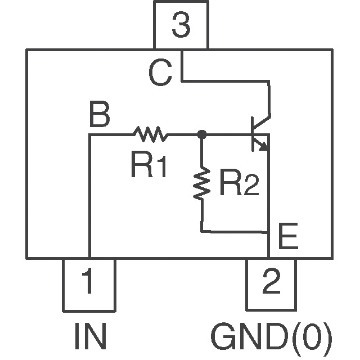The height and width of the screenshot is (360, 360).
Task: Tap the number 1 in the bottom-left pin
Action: click(x=88, y=283)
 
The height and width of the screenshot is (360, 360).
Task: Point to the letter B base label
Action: click(x=100, y=117)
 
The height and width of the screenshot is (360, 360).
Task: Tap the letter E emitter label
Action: click(x=288, y=238)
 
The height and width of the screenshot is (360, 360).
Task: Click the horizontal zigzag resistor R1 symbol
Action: click(x=150, y=134)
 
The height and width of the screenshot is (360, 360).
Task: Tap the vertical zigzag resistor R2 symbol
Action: click(x=201, y=183)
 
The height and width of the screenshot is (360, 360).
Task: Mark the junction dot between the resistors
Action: click(x=201, y=134)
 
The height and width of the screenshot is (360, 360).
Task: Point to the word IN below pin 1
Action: click(x=90, y=337)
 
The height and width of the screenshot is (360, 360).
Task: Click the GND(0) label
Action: click(x=272, y=337)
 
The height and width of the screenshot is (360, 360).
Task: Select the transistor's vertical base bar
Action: click(x=251, y=134)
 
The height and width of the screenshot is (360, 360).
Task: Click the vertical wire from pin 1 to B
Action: click(x=89, y=197)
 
